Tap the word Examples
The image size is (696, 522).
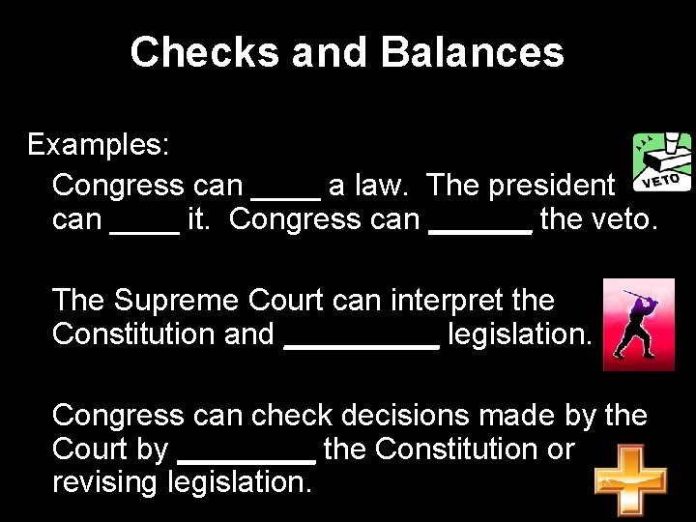pyautogui.click(x=99, y=145)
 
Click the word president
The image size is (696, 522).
pyautogui.click(x=552, y=184)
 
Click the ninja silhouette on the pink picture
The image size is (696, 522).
pyautogui.click(x=638, y=326)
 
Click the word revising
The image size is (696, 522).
pyautogui.click(x=105, y=481)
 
